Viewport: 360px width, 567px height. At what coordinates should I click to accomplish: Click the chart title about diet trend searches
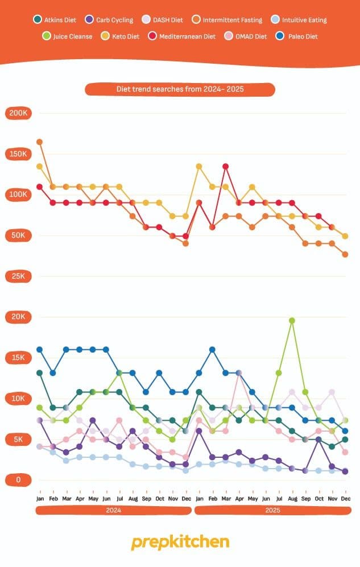[180, 89]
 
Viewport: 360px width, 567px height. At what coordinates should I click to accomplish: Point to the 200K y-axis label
[18, 113]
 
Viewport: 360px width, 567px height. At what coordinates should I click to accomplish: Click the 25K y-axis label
[18, 276]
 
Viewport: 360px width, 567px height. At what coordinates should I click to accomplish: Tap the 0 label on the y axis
[18, 480]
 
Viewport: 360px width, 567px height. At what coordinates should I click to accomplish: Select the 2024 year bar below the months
[113, 511]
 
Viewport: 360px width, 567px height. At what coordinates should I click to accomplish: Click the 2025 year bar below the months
[272, 511]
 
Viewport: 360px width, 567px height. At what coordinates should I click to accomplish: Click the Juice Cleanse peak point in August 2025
[292, 321]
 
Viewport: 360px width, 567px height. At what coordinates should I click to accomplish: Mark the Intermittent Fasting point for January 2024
[39, 142]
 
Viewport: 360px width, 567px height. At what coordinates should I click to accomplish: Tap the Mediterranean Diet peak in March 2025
[225, 166]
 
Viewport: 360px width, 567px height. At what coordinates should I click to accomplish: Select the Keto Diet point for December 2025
[345, 236]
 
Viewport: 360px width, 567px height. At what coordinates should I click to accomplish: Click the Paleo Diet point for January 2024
[39, 349]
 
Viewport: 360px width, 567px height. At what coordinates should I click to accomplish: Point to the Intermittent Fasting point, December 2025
[345, 254]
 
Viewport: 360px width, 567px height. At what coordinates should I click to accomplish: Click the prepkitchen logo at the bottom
[180, 542]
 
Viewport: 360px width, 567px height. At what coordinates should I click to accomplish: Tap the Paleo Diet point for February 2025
[212, 349]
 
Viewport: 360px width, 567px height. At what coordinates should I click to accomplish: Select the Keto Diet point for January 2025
[199, 166]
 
